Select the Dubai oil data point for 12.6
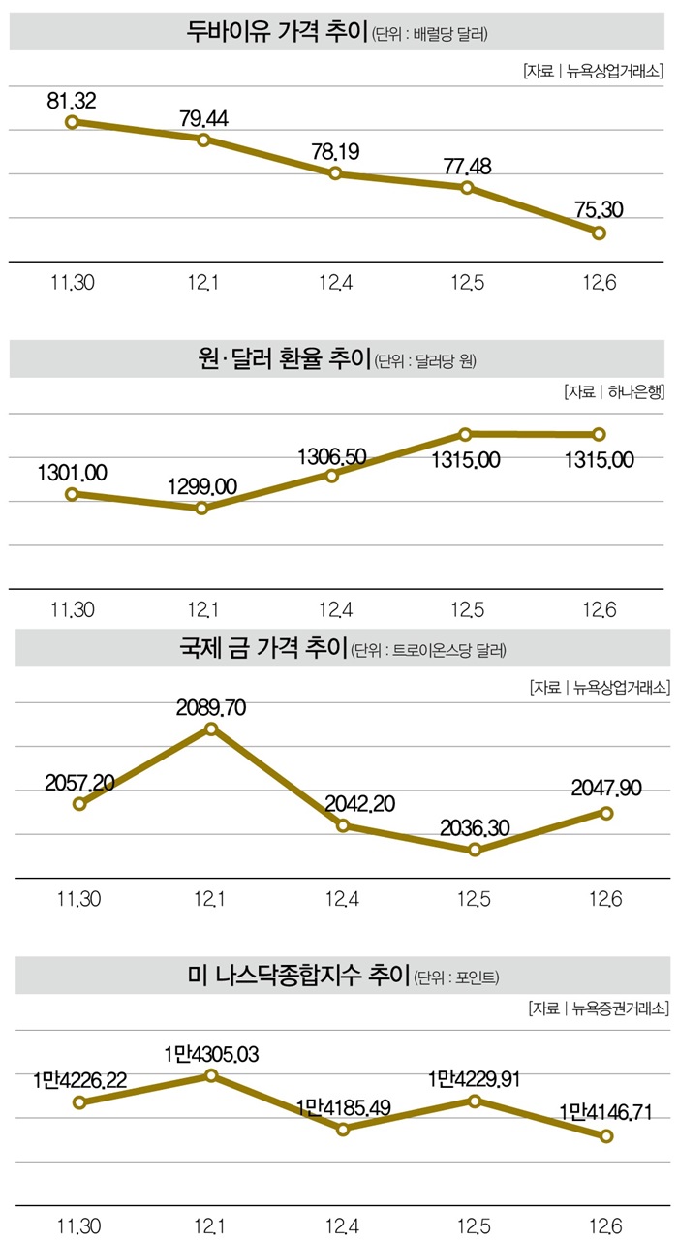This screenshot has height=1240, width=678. tap(599, 232)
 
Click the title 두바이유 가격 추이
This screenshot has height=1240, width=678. tap(277, 33)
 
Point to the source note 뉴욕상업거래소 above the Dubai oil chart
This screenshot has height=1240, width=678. tap(615, 70)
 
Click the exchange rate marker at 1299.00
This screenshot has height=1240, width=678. tap(202, 508)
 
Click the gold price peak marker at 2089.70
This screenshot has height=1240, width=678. tap(211, 728)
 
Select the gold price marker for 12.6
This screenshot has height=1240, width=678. tap(607, 813)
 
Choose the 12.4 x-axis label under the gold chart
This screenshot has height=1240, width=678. tap(343, 900)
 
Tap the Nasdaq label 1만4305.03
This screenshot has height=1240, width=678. tap(210, 1053)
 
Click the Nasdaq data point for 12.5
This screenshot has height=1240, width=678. tap(475, 1100)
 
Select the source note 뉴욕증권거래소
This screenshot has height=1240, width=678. tap(621, 1008)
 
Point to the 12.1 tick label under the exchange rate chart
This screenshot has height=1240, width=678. tap(203, 609)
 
